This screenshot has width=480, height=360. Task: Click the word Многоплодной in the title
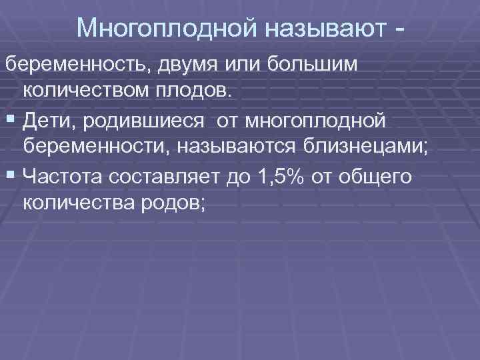167,28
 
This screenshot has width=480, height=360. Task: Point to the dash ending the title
399,29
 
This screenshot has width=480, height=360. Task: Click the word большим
313,66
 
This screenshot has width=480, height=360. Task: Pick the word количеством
90,90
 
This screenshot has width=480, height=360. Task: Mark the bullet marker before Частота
11,175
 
